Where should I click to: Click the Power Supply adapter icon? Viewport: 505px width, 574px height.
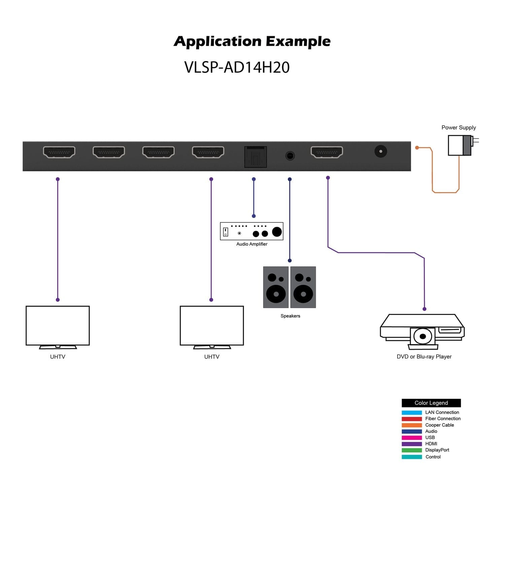460,145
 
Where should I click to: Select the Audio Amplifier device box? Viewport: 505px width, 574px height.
251,231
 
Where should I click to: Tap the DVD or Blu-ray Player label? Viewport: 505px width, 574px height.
424,357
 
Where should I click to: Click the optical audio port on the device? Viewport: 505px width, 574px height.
256,157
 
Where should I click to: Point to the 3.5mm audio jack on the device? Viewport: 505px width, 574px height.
290,156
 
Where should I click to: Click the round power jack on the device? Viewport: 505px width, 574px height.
381,151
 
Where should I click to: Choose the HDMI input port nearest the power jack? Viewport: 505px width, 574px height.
327,152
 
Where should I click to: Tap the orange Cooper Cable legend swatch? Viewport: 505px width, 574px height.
411,425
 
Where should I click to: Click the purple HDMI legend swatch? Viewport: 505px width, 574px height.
411,444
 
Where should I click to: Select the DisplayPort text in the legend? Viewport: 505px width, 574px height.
437,450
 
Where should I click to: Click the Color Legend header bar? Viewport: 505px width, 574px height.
431,403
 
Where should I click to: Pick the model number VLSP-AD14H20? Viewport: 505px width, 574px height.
237,67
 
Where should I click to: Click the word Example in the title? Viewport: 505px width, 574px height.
298,41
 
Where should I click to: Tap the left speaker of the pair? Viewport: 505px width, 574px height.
276,287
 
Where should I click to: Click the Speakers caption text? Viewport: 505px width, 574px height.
290,316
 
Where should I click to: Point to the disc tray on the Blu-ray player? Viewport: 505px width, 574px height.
423,336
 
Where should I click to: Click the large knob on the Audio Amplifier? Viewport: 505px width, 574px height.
277,232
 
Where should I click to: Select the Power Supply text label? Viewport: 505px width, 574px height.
459,128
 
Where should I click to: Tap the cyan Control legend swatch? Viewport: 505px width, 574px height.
411,457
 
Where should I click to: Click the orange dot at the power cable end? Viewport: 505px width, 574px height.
417,148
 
